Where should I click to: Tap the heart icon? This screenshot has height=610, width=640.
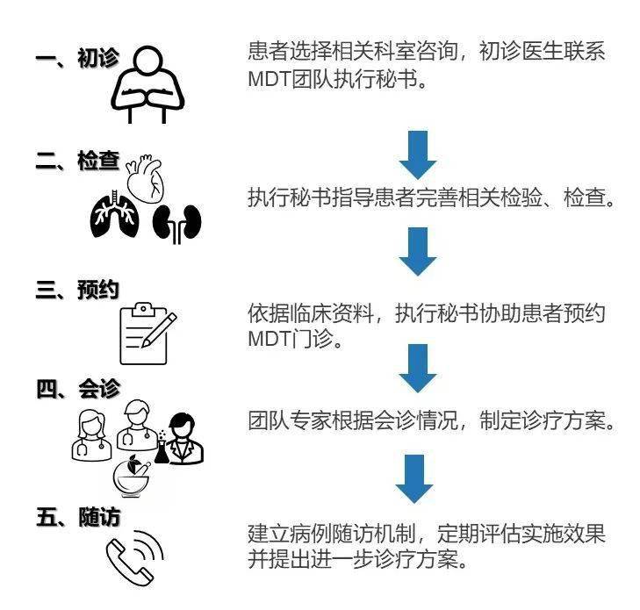(146, 179)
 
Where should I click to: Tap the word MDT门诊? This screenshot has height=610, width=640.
(295, 339)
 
